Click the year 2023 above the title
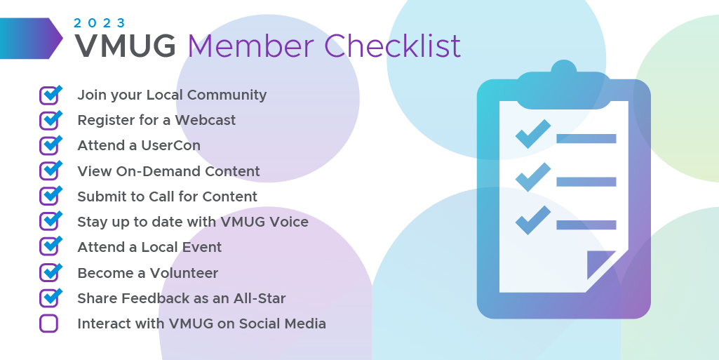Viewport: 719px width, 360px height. (100, 23)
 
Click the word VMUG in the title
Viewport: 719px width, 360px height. (125, 46)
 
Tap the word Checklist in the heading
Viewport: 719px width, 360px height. (393, 46)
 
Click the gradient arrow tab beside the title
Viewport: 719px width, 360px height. (31, 39)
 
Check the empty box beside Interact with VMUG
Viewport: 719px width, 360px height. (48, 324)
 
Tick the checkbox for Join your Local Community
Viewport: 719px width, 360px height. (50, 95)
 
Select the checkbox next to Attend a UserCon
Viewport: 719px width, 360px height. (50, 145)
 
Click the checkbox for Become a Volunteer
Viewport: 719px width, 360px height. (50, 272)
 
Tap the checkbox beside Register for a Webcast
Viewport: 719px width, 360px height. (50, 120)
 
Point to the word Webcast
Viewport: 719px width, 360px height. (205, 120)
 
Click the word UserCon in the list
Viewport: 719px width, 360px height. (170, 145)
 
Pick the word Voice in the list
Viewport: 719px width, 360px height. (288, 222)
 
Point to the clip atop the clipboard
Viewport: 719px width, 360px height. (563, 87)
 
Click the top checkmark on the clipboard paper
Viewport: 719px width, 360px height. (533, 134)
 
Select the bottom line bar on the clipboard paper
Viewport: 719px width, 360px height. (586, 225)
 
